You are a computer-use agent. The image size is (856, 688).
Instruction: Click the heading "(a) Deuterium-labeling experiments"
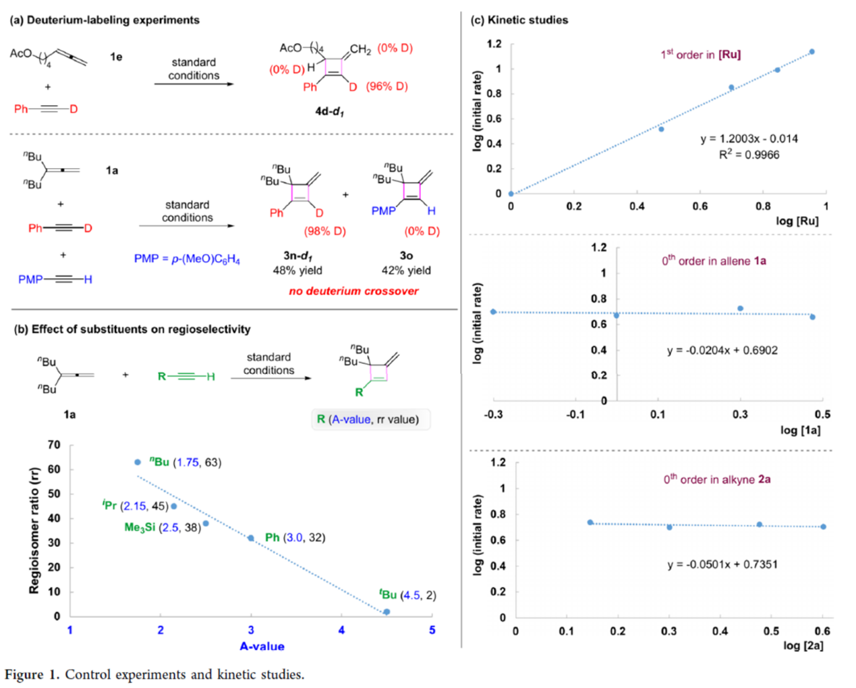coord(105,20)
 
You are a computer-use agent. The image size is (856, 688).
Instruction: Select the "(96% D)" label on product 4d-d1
coord(387,86)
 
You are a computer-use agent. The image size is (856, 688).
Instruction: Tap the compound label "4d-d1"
coord(329,111)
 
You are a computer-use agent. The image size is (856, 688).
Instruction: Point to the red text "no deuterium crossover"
coord(353,291)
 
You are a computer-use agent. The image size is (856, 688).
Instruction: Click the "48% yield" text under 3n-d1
coord(297,270)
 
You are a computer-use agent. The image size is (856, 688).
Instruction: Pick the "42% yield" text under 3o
coord(406,270)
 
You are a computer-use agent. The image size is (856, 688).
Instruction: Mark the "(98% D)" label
coord(325,231)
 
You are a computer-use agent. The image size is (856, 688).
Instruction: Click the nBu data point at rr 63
coord(138,462)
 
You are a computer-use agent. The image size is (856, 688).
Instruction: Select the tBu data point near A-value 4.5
coord(387,612)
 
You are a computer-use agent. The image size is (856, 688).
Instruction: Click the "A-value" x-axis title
coord(262,646)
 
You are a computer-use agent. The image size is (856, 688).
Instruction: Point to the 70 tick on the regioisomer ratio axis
coord(54,445)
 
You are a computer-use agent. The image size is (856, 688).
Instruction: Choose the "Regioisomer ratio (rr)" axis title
coord(34,531)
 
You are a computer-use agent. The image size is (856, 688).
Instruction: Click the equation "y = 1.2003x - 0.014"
coord(749,138)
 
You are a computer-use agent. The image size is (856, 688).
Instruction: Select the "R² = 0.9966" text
coord(749,155)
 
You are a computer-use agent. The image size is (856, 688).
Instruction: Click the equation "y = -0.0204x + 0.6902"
coord(722,350)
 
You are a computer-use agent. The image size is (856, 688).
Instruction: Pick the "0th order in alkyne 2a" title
coord(716,479)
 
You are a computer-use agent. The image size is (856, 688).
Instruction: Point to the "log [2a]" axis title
coord(803,645)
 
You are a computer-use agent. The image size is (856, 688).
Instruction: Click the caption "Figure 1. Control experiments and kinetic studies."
coord(154,674)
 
